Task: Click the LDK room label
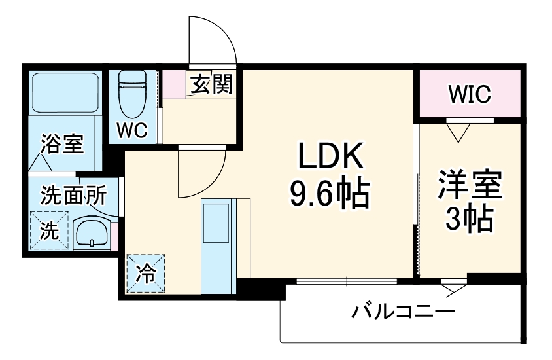[330, 158]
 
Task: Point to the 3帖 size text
[469, 221]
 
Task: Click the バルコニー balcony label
[402, 311]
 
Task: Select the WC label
[133, 130]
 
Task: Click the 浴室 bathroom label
[63, 143]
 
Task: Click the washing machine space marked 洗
[48, 231]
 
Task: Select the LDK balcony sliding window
[347, 282]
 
